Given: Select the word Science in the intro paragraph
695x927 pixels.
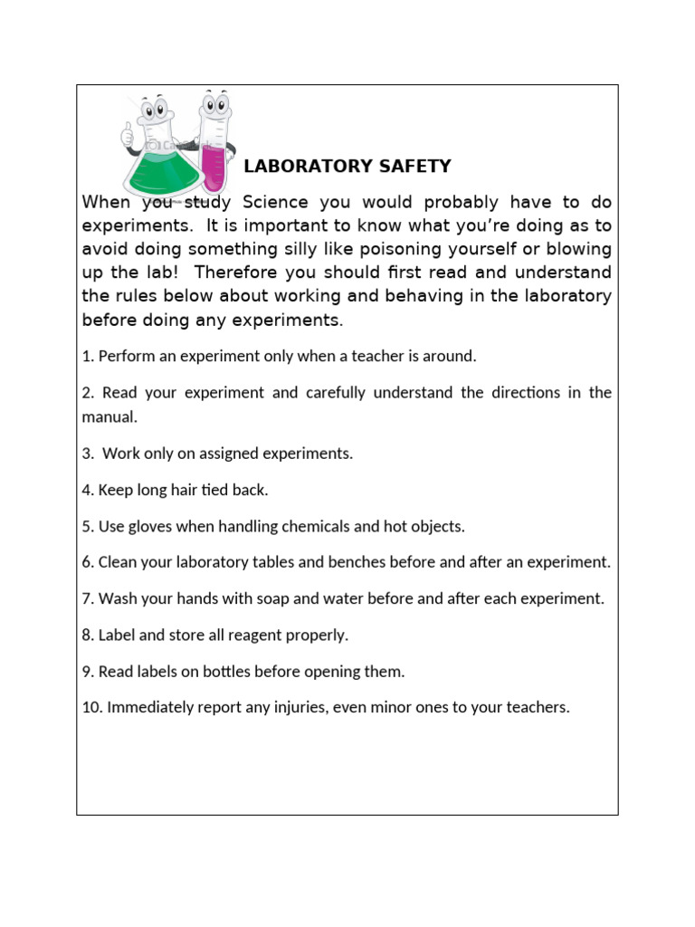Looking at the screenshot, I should [x=275, y=202].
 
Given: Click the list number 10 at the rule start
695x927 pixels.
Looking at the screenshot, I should [x=90, y=708].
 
